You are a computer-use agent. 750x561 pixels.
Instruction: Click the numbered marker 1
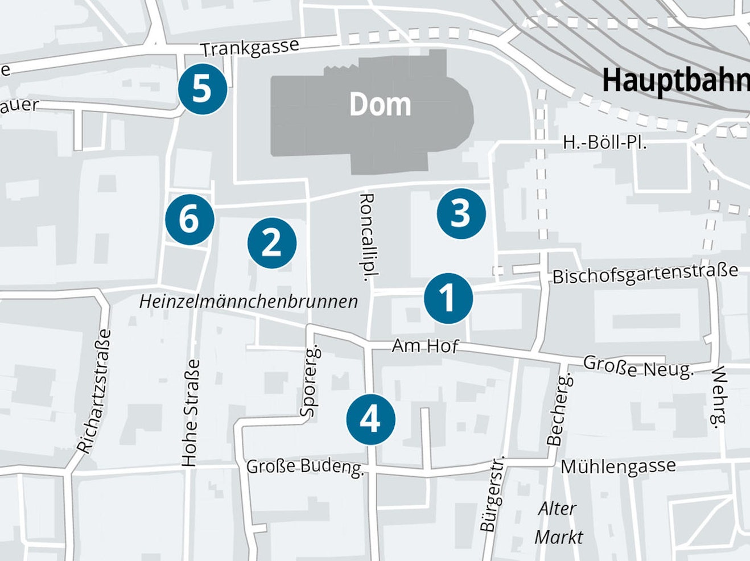pos(448,299)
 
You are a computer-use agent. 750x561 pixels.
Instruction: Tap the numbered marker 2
pos(272,243)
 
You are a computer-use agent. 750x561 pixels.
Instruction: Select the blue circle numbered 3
pos(461,213)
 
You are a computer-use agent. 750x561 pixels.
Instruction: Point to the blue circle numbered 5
pos(203,90)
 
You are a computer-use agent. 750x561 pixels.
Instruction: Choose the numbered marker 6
pos(190,220)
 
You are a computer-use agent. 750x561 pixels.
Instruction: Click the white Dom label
pos(380,105)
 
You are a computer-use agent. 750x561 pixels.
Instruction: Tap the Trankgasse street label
pos(250,48)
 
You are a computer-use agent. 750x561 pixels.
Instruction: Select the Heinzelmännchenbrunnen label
pos(249,302)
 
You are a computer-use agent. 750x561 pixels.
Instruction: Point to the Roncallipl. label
pos(367,237)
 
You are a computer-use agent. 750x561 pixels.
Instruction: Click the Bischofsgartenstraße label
pos(645,274)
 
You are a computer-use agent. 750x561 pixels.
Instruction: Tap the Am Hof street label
pos(425,345)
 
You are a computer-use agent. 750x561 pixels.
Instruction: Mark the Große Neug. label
pos(638,367)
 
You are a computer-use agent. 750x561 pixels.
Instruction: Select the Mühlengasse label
pos(618,467)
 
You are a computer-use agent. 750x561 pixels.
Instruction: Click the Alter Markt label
pos(558,522)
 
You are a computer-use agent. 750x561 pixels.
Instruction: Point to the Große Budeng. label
pos(305,467)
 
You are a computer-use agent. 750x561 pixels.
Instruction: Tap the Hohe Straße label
pos(191,412)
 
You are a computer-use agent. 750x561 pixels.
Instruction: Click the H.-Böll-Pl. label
pos(604,142)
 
